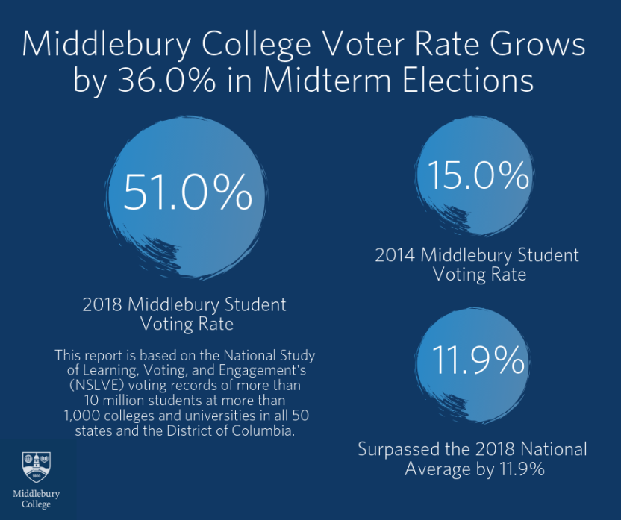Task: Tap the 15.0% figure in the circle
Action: (478, 176)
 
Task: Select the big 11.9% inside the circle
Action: (478, 361)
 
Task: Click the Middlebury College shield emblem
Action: (36, 468)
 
